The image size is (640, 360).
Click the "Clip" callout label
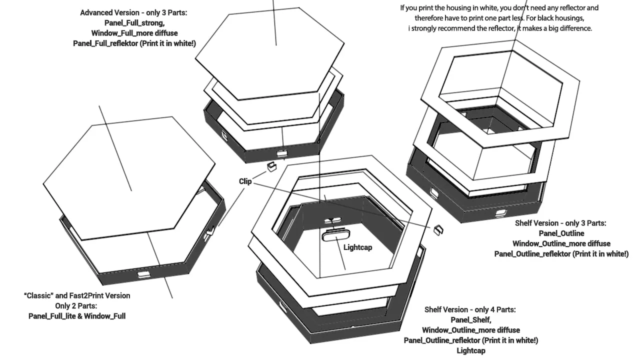coord(245,181)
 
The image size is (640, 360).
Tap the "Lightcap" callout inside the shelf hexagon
coord(357,247)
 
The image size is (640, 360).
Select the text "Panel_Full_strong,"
coord(134,23)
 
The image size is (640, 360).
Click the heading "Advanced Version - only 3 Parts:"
coord(133,12)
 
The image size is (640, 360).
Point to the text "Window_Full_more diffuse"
coord(134,33)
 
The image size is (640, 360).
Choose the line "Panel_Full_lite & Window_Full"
coord(77,316)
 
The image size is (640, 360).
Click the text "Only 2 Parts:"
coord(76,306)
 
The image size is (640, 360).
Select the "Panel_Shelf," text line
coord(471,320)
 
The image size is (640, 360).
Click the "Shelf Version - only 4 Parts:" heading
coord(470,309)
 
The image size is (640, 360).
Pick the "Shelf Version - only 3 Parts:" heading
coord(560,223)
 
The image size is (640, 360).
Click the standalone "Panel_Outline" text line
coord(561,233)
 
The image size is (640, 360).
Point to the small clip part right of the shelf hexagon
coord(438,230)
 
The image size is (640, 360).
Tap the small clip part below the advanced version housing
coord(271,166)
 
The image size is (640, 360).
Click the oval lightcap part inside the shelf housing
coord(335,236)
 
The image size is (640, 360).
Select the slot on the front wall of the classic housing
coord(143,274)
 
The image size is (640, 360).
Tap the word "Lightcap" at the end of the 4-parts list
coord(471,350)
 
